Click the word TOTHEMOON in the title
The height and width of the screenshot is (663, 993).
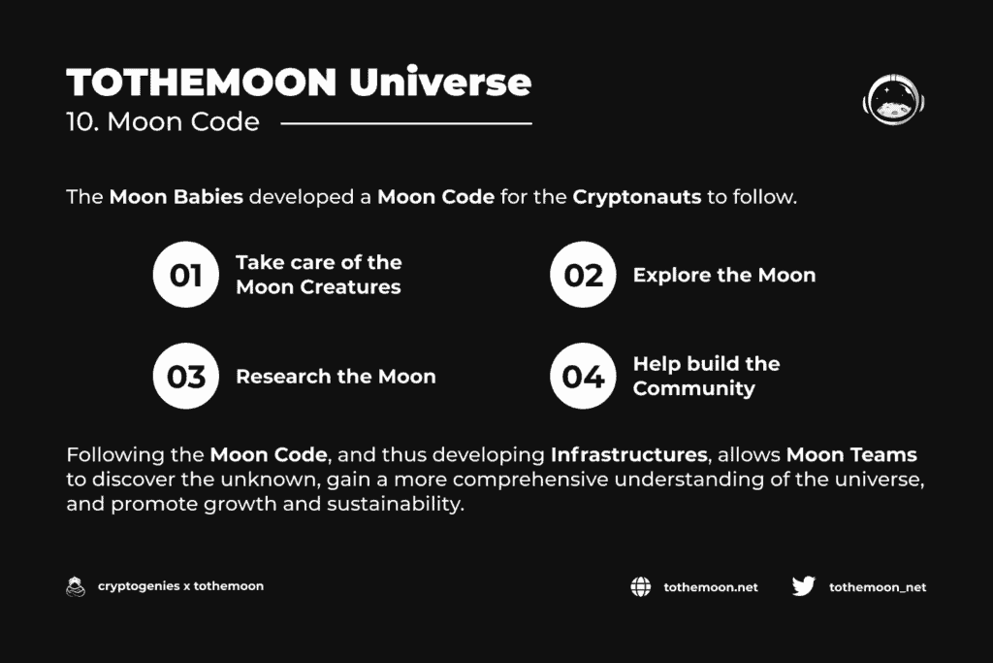click(x=202, y=83)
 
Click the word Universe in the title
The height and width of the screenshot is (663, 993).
click(x=440, y=83)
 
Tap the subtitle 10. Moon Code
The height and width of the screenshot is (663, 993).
click(x=163, y=121)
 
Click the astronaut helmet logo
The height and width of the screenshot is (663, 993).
click(x=893, y=100)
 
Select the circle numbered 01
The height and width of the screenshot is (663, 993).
click(x=185, y=275)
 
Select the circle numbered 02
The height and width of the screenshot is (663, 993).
click(x=583, y=275)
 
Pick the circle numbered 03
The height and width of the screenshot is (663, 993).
click(x=185, y=376)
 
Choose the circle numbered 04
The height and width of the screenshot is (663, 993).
click(x=583, y=376)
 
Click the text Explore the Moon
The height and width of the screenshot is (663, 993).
click(x=724, y=275)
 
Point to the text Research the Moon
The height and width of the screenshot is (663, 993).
click(x=336, y=377)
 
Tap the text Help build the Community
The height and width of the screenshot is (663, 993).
click(x=706, y=376)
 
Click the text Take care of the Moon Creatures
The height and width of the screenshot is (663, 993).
click(x=318, y=275)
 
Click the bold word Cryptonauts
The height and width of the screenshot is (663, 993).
click(x=637, y=197)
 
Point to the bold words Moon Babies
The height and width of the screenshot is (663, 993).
click(x=176, y=196)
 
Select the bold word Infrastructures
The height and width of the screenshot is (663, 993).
click(x=628, y=454)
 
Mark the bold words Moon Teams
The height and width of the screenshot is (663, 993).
click(x=851, y=454)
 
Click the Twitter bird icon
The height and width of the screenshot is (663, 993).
click(x=804, y=586)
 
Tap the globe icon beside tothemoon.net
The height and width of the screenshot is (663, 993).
click(x=641, y=587)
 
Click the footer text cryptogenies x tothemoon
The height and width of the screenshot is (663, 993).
click(x=180, y=586)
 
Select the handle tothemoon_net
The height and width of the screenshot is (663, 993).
click(x=878, y=587)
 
